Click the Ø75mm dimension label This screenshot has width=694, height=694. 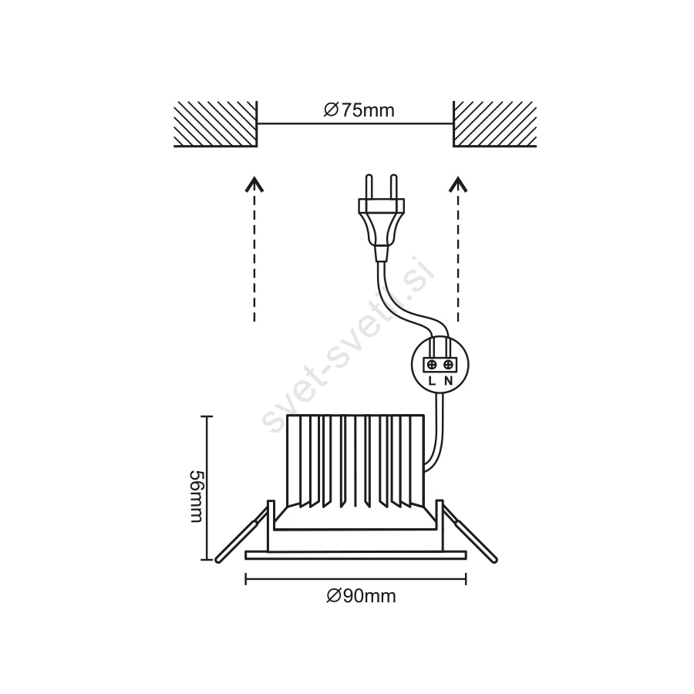point(359,110)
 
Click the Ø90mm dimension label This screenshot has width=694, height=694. point(361,596)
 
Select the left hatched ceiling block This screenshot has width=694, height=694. point(216,124)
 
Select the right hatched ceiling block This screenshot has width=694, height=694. point(495,124)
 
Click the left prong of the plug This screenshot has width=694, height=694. point(369,187)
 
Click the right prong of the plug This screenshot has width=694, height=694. point(393,187)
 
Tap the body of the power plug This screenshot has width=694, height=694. point(381,229)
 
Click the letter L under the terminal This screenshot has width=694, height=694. point(433,381)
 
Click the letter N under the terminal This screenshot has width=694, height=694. point(448,381)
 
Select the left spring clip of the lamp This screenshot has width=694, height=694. point(243,534)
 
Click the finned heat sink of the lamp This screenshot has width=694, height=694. point(355,461)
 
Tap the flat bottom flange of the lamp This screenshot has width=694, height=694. point(355,555)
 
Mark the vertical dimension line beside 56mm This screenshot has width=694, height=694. point(207,488)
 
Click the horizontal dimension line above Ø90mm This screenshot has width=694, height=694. point(355,578)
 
